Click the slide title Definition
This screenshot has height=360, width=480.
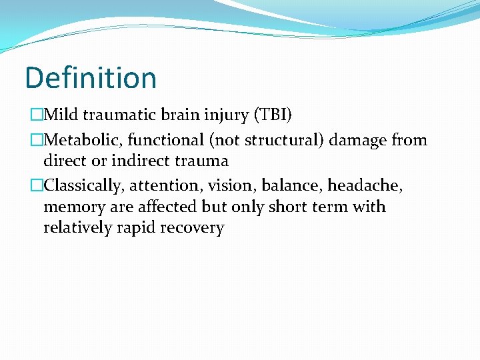(x=91, y=78)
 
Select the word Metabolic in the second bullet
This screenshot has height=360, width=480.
(x=82, y=140)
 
